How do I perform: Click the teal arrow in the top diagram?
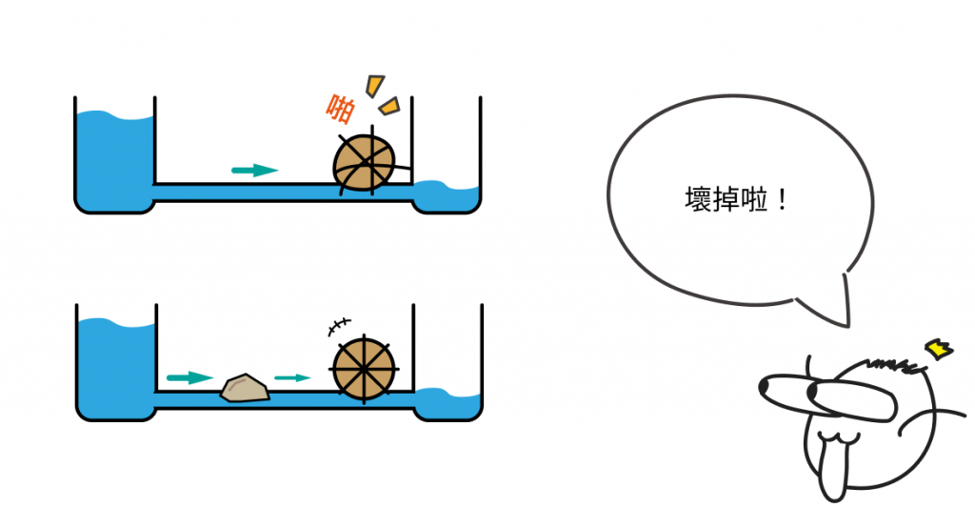pos(254,170)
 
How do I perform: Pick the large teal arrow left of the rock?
pos(189,377)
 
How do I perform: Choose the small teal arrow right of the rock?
pos(292,377)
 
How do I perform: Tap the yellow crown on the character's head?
pos(942,350)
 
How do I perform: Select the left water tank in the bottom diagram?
pos(114,367)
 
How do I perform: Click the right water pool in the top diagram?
pos(448,196)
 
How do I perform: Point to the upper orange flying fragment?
pos(377,83)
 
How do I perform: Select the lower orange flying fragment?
pos(390,106)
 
